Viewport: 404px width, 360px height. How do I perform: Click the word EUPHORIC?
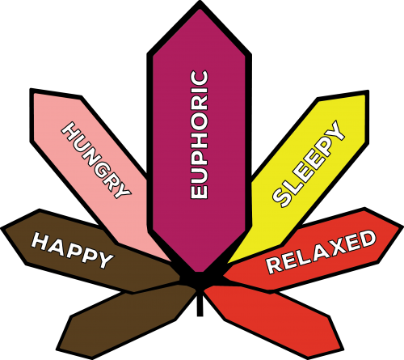(200, 135)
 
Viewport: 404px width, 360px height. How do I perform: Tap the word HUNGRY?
(96, 160)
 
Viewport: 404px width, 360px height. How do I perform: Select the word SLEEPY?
(309, 163)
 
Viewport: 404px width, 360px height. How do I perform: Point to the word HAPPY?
(72, 251)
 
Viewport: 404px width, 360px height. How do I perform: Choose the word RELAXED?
(321, 252)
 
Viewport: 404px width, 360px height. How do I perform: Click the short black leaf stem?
(200, 304)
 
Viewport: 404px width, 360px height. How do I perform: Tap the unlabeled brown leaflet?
(127, 322)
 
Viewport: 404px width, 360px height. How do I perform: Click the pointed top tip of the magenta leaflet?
(200, 2)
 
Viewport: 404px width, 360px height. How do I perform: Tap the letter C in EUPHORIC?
(200, 78)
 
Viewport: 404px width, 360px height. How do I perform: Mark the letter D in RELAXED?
(368, 239)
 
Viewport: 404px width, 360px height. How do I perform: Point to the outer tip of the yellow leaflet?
(367, 91)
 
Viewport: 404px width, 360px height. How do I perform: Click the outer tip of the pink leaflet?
(32, 90)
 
